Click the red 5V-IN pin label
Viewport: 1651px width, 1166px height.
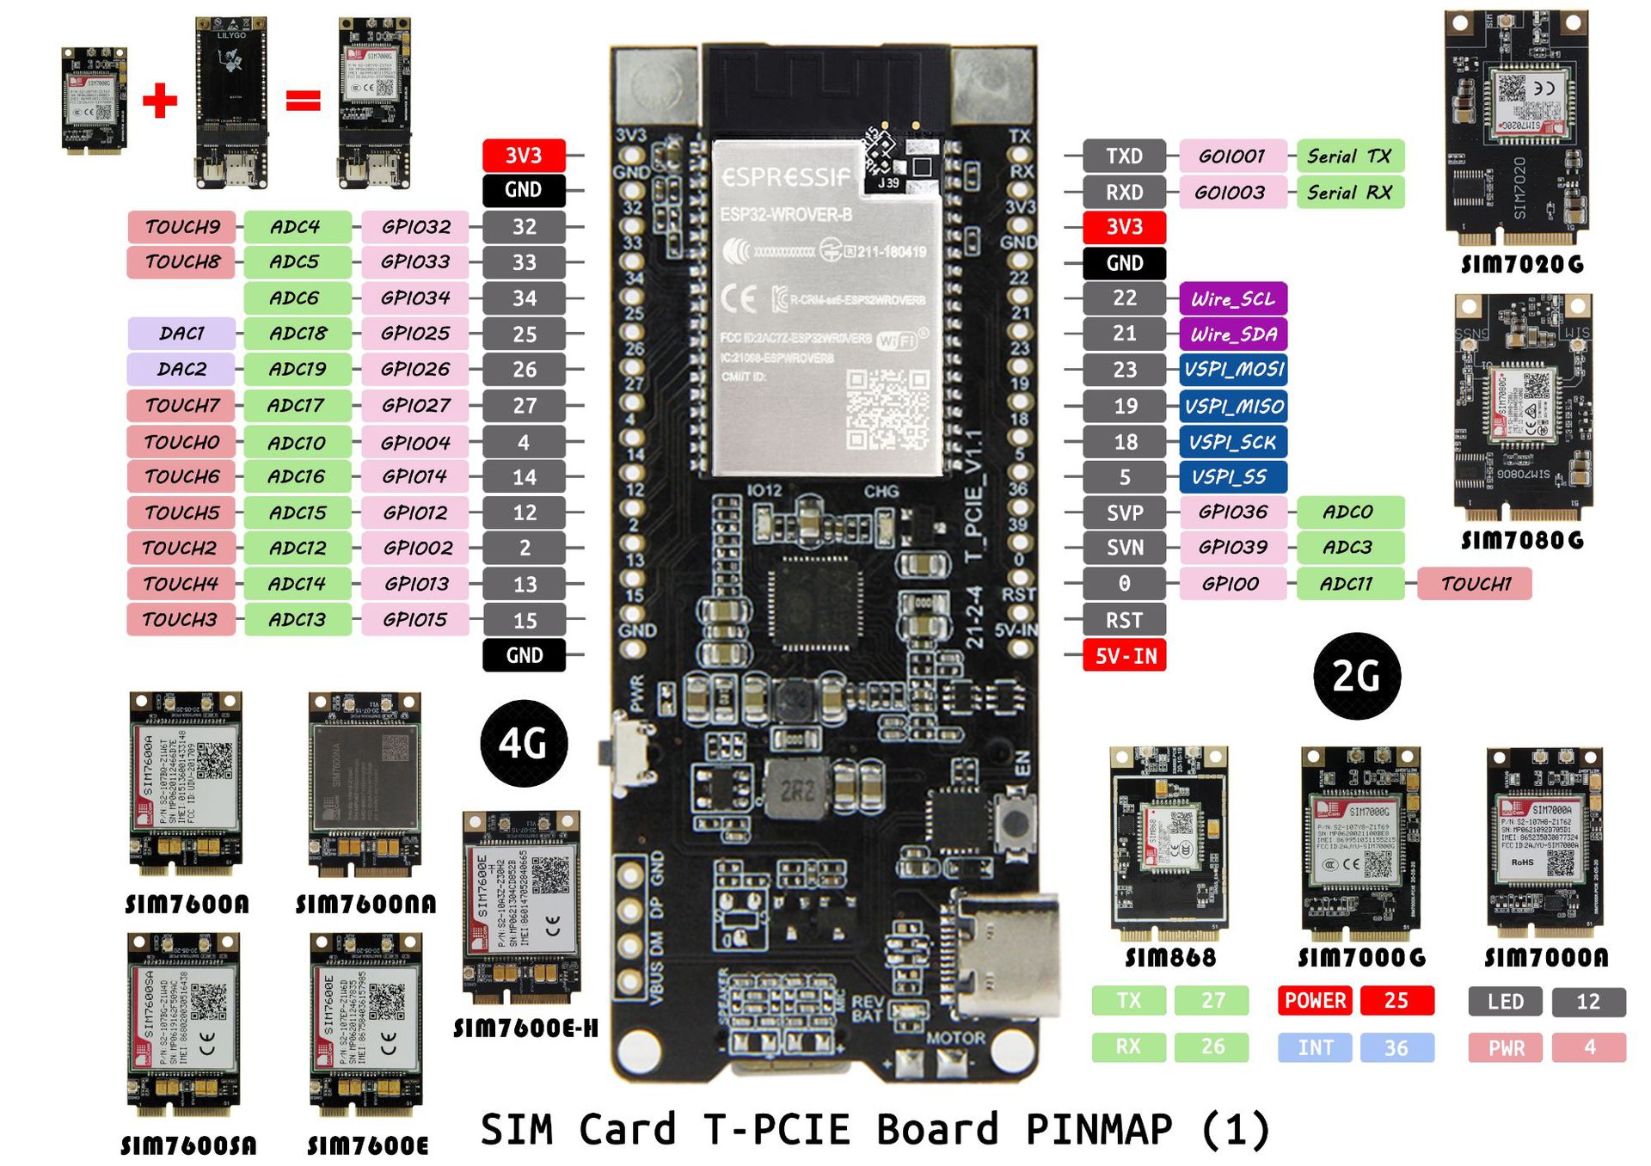pos(1124,656)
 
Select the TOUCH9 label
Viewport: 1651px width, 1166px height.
pos(181,227)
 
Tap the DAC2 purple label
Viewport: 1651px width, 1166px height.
pos(181,369)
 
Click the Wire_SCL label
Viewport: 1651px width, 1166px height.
pos(1232,298)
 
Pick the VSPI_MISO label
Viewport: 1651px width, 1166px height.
pos(1232,406)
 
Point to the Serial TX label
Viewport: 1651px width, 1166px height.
pos(1349,156)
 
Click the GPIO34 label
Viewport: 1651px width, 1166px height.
pos(415,298)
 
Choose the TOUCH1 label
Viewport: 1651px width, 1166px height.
pos(1475,584)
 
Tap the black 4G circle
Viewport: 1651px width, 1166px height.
pos(524,743)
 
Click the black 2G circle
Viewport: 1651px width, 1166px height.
pos(1357,676)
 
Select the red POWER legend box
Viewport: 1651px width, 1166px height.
pos(1315,1001)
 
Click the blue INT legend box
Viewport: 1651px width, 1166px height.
pos(1315,1047)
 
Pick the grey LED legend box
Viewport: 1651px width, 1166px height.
pos(1505,1002)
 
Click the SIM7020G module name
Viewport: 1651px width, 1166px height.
pos(1522,264)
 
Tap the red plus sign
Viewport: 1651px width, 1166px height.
pos(160,101)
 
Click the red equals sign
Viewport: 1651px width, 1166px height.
pos(303,101)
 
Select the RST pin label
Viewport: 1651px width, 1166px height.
pos(1124,620)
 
